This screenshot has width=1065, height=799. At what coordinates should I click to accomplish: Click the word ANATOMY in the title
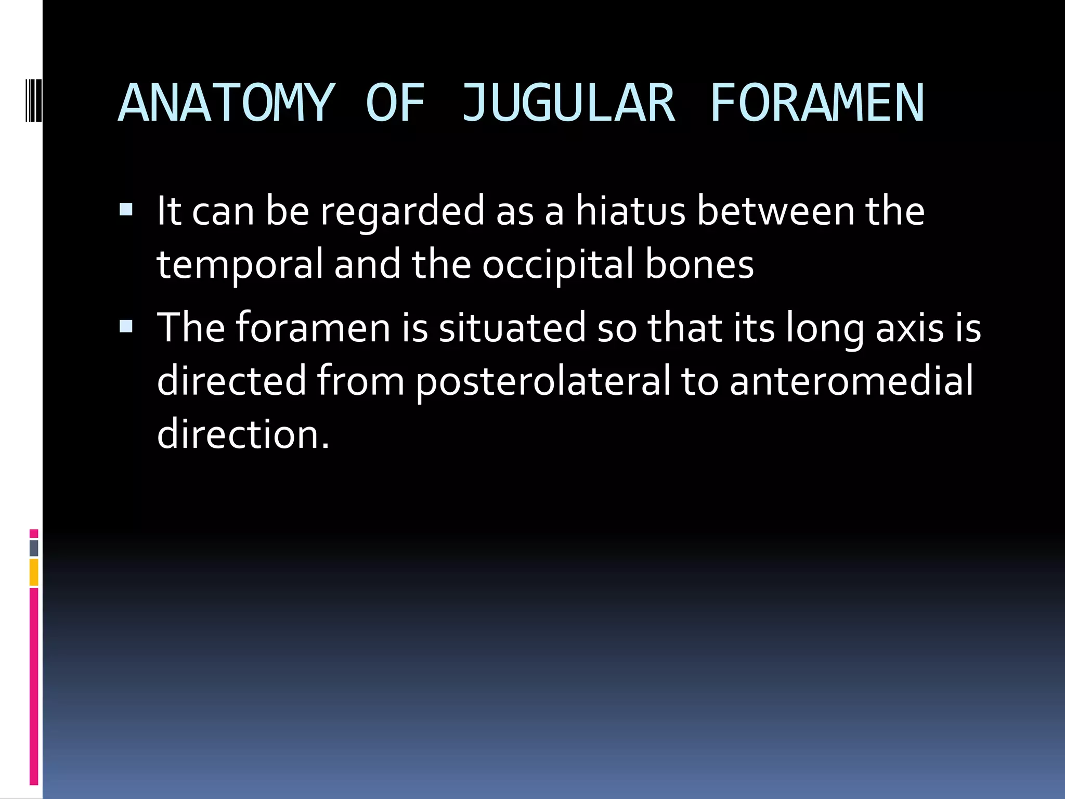click(225, 104)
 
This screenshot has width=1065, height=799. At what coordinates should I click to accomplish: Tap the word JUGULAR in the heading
click(568, 104)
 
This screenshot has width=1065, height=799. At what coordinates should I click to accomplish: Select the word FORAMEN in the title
click(817, 104)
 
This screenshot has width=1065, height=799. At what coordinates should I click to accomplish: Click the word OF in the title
click(395, 104)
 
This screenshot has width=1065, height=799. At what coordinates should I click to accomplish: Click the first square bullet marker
click(126, 210)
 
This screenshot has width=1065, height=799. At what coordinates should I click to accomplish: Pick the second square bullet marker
click(126, 327)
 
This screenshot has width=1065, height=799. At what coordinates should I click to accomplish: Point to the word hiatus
click(630, 211)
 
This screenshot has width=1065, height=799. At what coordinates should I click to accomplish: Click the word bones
click(699, 264)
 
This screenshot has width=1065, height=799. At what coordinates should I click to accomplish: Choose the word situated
click(512, 328)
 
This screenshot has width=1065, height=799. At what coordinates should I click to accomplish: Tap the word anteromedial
click(851, 381)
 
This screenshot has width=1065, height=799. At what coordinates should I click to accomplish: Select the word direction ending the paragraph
click(242, 434)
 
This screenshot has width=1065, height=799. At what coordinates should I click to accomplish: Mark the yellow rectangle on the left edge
click(34, 572)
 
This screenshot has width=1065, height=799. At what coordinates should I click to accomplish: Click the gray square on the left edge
click(34, 548)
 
